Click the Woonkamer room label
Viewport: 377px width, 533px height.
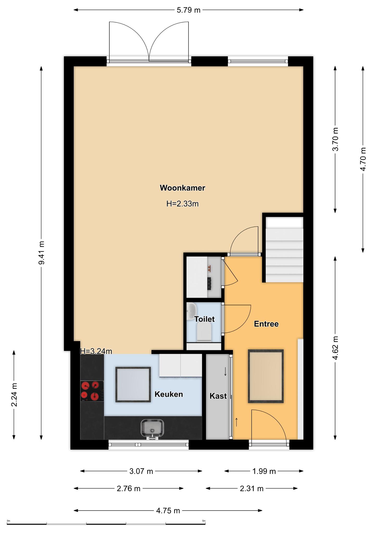(x=183, y=188)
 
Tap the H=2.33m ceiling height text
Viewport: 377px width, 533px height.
(x=183, y=204)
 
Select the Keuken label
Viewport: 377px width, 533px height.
(x=169, y=394)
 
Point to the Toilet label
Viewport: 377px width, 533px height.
(x=205, y=319)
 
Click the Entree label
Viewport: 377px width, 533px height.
(x=266, y=324)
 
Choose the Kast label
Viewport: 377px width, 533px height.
(x=218, y=396)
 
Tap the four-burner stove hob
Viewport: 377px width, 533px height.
(x=92, y=391)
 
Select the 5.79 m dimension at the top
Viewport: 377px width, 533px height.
(x=189, y=10)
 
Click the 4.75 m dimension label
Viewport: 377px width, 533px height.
(x=168, y=511)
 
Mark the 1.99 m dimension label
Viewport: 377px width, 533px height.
(x=264, y=471)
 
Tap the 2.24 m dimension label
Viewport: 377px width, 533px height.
(x=14, y=395)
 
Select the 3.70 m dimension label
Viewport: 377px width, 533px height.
(x=336, y=139)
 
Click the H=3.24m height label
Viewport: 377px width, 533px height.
(x=96, y=351)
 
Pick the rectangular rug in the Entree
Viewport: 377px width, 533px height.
(x=266, y=376)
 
